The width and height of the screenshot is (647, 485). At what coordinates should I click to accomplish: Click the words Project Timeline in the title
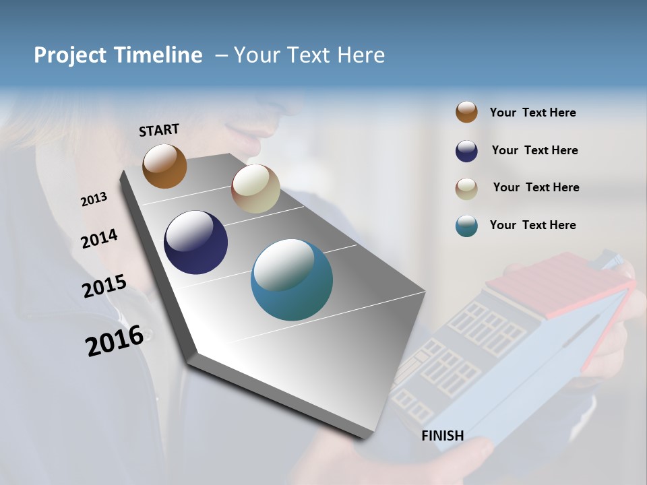[118, 55]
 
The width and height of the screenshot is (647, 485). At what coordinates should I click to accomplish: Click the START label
[159, 130]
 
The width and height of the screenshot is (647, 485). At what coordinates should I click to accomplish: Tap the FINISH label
[442, 436]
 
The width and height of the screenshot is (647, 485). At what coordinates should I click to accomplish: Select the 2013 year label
[94, 199]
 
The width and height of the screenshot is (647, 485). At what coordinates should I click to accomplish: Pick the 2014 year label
[99, 239]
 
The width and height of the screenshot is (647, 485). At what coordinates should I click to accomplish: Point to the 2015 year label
[104, 286]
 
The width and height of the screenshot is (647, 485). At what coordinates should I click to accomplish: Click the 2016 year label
[114, 341]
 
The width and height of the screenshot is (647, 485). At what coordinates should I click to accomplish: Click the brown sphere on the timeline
[164, 166]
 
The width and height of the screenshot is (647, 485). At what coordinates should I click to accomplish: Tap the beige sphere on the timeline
[255, 189]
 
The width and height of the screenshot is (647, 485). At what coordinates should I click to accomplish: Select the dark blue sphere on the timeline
[195, 243]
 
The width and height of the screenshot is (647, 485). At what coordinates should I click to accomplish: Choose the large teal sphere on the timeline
[291, 280]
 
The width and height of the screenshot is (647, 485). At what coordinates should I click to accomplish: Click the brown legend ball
[466, 112]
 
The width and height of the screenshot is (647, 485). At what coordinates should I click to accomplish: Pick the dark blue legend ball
[466, 151]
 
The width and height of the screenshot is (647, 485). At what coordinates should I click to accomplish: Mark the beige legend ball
[466, 189]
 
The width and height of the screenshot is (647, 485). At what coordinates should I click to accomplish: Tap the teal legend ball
[466, 226]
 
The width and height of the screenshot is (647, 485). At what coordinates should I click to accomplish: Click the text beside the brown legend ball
[532, 113]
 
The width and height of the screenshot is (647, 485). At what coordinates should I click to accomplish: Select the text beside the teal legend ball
[532, 225]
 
